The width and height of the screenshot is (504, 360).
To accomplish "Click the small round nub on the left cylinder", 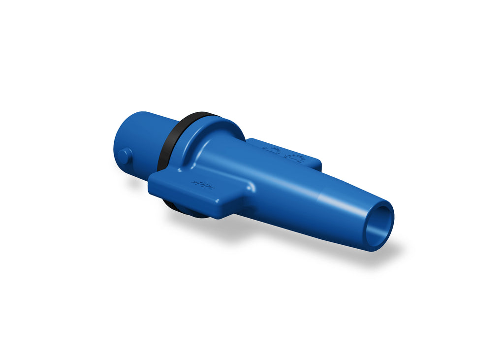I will click(124, 156).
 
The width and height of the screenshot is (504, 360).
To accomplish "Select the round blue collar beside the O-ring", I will click(217, 135).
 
